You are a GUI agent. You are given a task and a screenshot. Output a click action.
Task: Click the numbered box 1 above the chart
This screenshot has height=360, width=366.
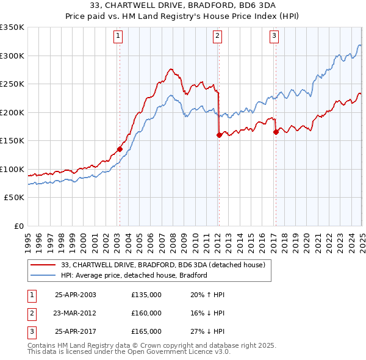click(119, 36)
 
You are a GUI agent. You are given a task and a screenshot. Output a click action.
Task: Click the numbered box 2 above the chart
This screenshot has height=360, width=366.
click(218, 36)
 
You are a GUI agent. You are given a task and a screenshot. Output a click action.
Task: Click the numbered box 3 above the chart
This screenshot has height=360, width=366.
click(274, 36)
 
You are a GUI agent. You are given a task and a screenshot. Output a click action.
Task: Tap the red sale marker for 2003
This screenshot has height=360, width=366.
click(120, 148)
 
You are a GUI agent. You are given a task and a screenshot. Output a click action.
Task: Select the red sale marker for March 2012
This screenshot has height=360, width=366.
click(218, 135)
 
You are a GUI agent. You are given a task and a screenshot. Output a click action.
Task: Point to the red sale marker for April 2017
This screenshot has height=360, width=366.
click(276, 132)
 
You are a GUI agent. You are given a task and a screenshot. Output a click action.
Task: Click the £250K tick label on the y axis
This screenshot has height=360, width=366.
click(12, 84)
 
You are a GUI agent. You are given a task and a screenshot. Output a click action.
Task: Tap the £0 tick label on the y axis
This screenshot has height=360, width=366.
click(18, 226)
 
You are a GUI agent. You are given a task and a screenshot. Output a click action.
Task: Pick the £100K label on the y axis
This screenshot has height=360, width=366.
click(12, 169)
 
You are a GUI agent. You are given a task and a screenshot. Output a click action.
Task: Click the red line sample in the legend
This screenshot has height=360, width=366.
click(43, 265)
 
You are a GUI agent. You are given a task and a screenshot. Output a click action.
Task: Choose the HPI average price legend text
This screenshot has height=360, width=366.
click(134, 276)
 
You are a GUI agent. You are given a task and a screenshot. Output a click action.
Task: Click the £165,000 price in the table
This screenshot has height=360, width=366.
click(146, 331)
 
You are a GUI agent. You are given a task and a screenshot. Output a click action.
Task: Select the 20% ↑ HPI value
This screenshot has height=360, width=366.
click(207, 295)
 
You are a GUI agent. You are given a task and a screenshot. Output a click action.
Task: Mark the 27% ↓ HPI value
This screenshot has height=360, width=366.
click(207, 331)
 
